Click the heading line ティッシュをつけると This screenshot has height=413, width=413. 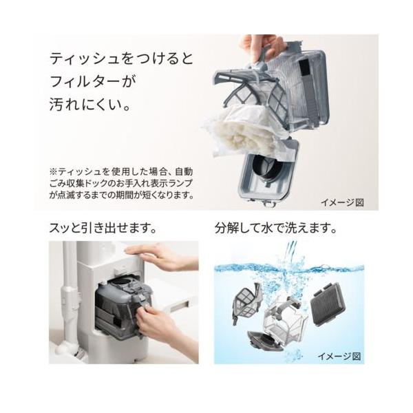[121, 59]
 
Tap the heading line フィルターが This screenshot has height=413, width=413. [93, 81]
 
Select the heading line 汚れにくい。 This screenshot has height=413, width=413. [89, 105]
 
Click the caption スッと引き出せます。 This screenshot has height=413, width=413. [103, 228]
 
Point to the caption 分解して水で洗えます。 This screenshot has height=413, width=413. [276, 228]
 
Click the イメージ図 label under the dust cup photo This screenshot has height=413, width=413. [342, 202]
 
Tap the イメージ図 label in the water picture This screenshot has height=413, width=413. [339, 357]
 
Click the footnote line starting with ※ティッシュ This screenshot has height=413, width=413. [121, 172]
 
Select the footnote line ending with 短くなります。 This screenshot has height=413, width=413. [121, 195]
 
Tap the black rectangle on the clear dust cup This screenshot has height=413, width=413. [305, 67]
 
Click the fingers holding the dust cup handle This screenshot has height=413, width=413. [261, 47]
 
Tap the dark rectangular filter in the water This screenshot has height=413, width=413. [328, 304]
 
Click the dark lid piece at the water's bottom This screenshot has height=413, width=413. [265, 341]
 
